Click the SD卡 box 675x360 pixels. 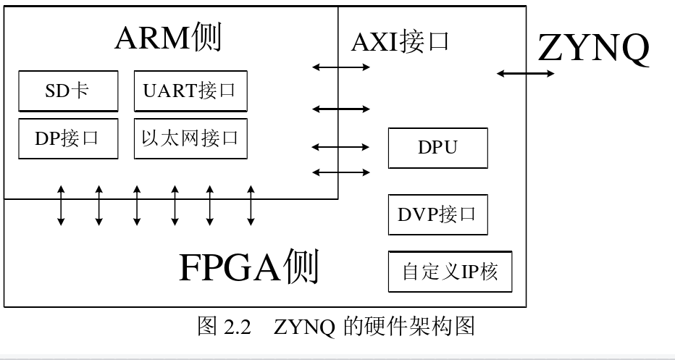67,92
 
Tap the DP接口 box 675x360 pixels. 67,138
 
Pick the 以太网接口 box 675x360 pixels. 190,138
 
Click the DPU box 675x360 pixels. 437,148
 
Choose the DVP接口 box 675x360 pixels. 437,214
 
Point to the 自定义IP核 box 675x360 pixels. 450,272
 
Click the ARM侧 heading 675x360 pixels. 168,38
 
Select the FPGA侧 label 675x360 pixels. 248,267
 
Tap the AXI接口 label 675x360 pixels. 401,41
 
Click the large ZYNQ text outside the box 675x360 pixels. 593,49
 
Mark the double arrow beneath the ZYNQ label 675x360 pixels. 526,73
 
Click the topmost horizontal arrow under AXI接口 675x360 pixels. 341,67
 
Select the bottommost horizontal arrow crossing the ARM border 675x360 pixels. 341,172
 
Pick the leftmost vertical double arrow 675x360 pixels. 61,205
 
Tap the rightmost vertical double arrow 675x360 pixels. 251,205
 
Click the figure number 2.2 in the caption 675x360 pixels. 237,327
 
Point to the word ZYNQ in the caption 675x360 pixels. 304,327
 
